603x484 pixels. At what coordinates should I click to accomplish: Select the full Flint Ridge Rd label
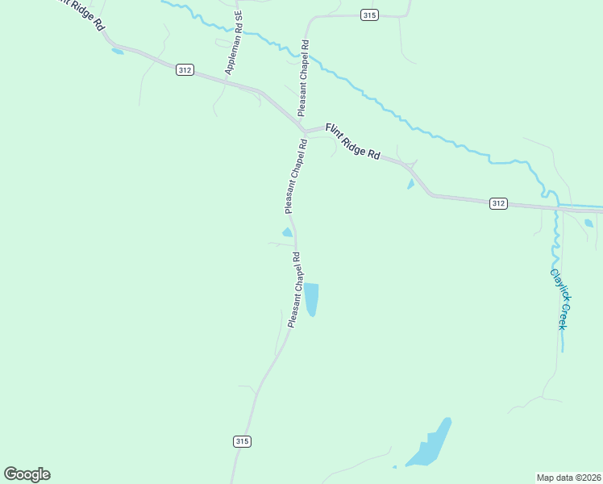coord(352,140)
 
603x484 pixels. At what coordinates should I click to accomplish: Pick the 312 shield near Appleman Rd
coord(185,70)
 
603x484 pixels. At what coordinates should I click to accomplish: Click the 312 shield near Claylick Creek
coord(498,203)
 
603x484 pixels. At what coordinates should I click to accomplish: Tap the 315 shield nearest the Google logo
coord(242,441)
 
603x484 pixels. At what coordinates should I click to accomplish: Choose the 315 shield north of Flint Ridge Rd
coord(369,15)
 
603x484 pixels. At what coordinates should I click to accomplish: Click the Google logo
coord(27,474)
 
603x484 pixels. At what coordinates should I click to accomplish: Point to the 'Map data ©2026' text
coord(568,477)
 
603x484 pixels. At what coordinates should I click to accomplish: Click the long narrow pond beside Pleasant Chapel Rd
coord(311,298)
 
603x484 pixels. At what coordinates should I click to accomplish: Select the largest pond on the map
coord(429,446)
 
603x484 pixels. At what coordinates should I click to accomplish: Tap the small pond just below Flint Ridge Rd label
coord(410,184)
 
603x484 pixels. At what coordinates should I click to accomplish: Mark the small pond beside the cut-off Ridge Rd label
coord(118,52)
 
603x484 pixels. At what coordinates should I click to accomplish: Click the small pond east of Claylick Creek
coord(588,223)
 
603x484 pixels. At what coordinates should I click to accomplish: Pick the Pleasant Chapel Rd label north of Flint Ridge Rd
coord(303,77)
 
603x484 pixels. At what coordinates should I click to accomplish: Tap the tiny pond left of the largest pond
coord(394,466)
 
